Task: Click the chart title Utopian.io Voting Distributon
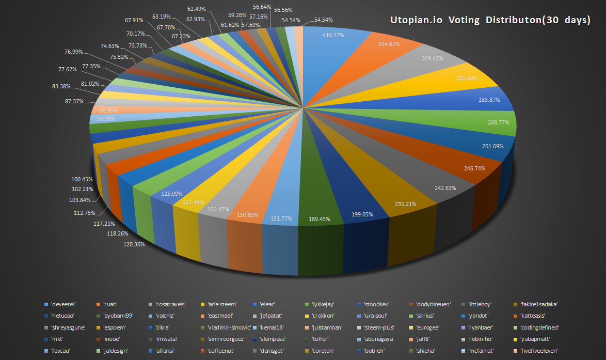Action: tap(490, 20)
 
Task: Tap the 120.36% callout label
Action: tap(133, 244)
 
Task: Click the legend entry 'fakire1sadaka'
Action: tap(537, 305)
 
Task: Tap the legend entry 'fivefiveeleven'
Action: tap(538, 350)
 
